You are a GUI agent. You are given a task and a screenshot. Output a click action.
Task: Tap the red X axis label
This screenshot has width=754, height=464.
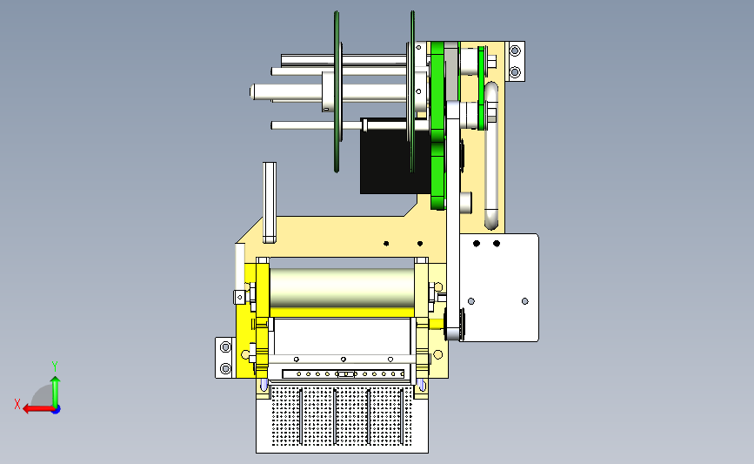(17, 404)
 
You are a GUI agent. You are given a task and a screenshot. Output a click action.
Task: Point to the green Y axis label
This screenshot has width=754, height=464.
(55, 366)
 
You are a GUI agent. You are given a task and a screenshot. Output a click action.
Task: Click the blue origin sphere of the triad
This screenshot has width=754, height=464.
(57, 410)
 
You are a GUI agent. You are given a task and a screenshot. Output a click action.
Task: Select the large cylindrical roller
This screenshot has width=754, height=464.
(342, 288)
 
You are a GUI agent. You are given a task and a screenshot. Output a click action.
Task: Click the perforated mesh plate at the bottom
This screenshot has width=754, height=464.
(342, 415)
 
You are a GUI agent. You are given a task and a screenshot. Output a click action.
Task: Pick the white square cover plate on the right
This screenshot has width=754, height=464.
(499, 287)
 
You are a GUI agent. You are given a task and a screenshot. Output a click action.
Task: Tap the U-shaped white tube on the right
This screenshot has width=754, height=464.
(491, 155)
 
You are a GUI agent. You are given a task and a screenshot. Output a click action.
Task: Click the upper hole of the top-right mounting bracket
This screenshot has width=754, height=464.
(515, 50)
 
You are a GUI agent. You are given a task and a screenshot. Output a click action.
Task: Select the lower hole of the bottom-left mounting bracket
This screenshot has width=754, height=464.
(225, 369)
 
